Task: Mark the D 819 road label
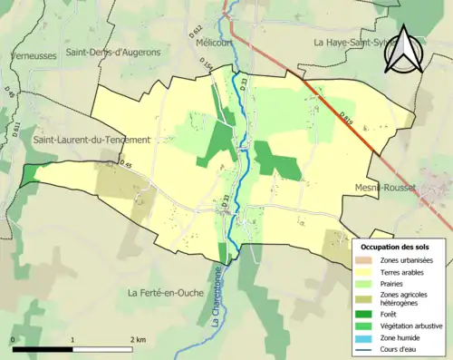(346, 117)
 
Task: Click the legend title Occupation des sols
(400, 246)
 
